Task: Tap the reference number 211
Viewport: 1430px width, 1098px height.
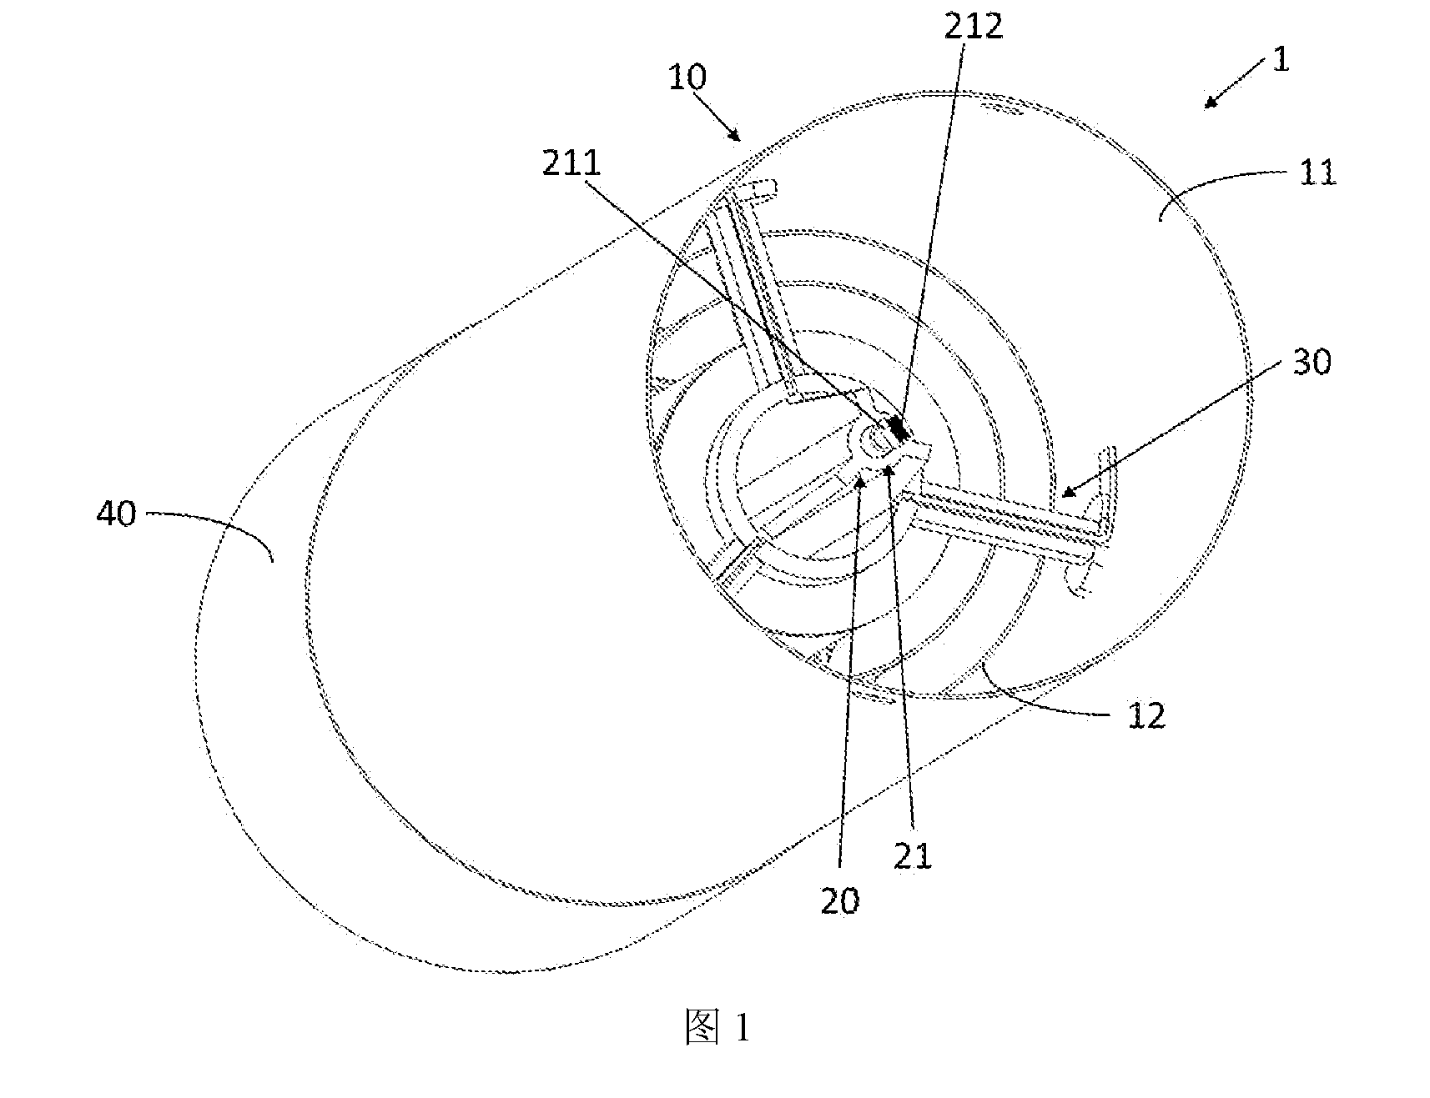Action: pyautogui.click(x=571, y=163)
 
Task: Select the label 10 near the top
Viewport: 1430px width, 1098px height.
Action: pyautogui.click(x=687, y=77)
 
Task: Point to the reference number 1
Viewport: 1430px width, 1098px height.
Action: pyautogui.click(x=1281, y=60)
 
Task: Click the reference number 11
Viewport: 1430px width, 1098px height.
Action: pyautogui.click(x=1319, y=173)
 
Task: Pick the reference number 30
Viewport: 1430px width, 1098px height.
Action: pyautogui.click(x=1311, y=362)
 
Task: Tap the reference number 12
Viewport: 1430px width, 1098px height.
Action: pyautogui.click(x=1146, y=715)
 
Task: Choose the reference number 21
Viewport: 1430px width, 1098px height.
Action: pyautogui.click(x=913, y=855)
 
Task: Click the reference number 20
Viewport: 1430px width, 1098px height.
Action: pyautogui.click(x=840, y=902)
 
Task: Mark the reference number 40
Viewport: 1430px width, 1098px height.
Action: pyautogui.click(x=116, y=514)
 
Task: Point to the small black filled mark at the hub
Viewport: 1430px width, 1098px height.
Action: pyautogui.click(x=899, y=429)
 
